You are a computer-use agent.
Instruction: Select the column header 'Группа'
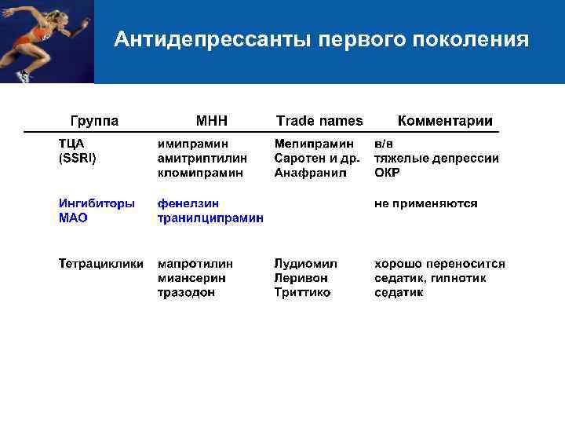(x=95, y=120)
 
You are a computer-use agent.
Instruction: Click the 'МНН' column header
(x=212, y=120)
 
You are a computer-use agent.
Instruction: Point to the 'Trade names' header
(x=319, y=120)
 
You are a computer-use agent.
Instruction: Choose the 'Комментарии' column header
(x=445, y=120)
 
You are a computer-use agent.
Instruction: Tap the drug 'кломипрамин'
(x=200, y=172)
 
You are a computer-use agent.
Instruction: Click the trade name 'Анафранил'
(x=310, y=172)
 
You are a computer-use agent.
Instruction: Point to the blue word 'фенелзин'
(x=188, y=203)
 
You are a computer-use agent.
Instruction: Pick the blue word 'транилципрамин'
(x=210, y=217)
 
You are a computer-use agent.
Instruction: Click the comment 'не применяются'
(x=425, y=203)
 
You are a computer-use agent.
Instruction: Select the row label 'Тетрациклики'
(x=100, y=264)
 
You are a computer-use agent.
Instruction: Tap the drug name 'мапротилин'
(x=195, y=264)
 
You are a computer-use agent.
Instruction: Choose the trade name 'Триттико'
(x=302, y=292)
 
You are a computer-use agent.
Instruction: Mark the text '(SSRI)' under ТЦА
(x=77, y=158)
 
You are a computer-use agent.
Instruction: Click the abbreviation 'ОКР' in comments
(x=387, y=172)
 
